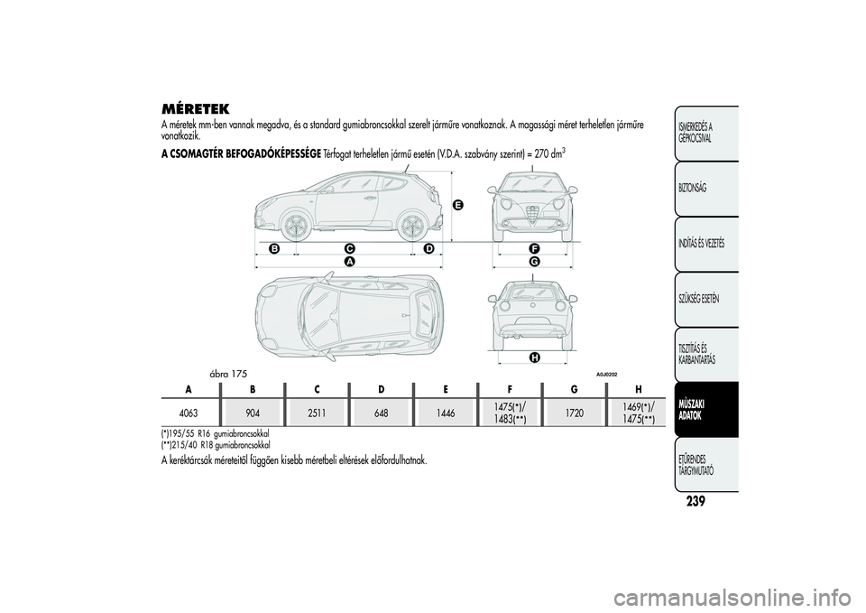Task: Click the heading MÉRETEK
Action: coord(195,107)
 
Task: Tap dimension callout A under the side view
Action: coord(349,260)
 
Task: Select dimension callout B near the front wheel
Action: coord(274,249)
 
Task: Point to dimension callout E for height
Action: coord(456,206)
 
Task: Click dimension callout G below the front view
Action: coord(534,260)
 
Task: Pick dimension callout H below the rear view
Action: coord(534,358)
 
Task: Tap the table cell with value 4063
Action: coord(189,413)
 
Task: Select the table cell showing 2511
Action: coord(317,413)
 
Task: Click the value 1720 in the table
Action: coord(575,413)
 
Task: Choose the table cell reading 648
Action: coord(381,413)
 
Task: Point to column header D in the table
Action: coord(381,389)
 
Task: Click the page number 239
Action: coord(696,501)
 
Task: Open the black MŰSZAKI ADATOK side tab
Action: coord(706,410)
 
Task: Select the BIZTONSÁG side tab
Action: coord(706,189)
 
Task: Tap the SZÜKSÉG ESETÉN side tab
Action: coord(706,299)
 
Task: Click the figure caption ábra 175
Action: coord(228,375)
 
